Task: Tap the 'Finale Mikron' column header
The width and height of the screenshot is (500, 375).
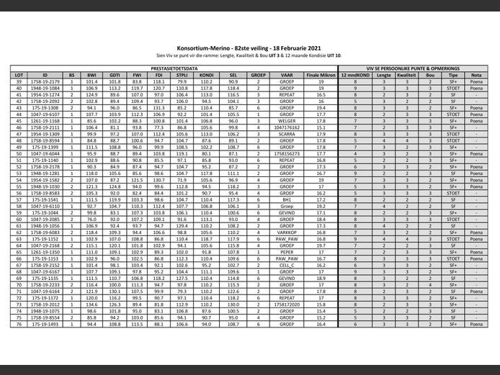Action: coord(321,74)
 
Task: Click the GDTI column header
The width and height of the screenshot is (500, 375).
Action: coord(115,74)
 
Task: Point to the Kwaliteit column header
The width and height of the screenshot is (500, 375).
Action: coord(407,74)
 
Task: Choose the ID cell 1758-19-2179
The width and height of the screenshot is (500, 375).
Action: coord(45,81)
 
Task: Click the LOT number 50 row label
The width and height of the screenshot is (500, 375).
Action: coord(19,153)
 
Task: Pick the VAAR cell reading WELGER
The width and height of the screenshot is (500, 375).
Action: coord(287,120)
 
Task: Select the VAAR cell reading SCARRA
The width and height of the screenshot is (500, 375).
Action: coord(287,134)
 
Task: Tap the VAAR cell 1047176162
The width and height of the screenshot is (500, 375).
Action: coord(287,127)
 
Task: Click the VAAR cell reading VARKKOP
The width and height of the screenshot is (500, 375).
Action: coord(287,232)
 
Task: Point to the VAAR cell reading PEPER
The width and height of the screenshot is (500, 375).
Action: coord(287,252)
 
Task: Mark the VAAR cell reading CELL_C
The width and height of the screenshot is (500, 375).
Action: coord(287,265)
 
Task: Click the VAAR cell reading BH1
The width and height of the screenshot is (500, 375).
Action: coord(287,199)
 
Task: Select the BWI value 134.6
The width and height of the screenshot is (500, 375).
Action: coord(91,304)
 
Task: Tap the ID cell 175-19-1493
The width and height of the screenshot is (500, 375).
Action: coord(45,324)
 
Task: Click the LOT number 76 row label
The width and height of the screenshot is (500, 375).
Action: coord(19,324)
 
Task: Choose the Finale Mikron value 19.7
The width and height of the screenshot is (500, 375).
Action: coord(321,245)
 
